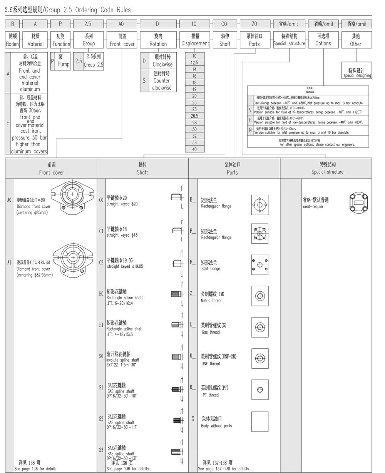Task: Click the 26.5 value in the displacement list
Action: click(x=194, y=116)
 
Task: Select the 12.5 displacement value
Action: click(x=194, y=62)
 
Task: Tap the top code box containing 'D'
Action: click(x=157, y=24)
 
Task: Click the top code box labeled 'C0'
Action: click(x=224, y=24)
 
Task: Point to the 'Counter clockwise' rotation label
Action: click(x=162, y=80)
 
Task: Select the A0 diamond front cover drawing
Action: click(x=72, y=196)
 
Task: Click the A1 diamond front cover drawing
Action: click(x=73, y=257)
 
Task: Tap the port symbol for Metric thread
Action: click(x=260, y=296)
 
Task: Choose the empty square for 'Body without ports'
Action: click(x=260, y=421)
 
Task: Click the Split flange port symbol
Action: click(x=260, y=264)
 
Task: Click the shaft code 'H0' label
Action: click(x=101, y=294)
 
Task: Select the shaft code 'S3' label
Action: click(x=101, y=450)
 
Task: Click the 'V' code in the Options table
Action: click(x=250, y=110)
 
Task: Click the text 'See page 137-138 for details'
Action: click(x=223, y=469)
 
